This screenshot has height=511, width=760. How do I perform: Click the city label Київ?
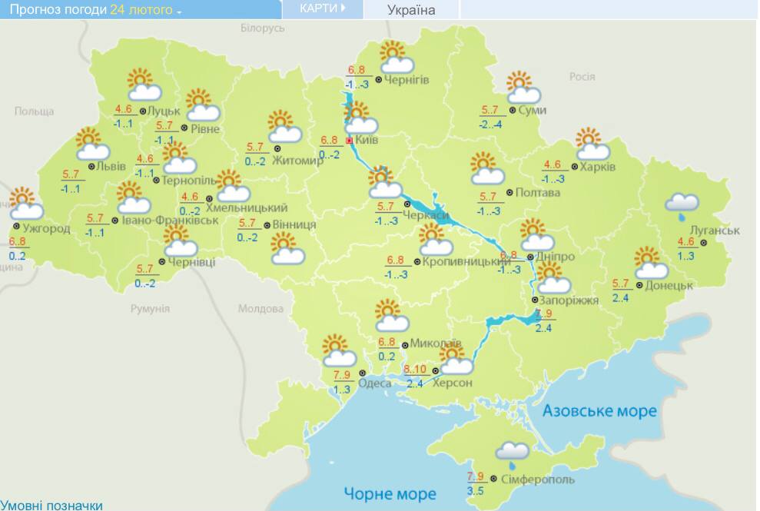(367, 141)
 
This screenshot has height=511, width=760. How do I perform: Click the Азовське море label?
(599, 411)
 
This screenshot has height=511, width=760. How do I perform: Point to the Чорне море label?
(390, 493)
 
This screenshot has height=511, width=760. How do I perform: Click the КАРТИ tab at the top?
(320, 8)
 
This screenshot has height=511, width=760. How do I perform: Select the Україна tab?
(411, 10)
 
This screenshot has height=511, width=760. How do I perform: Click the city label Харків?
(597, 167)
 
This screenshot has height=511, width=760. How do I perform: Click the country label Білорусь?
(262, 28)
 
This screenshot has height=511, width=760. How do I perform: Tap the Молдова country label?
(261, 309)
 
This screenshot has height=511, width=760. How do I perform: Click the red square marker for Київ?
(349, 141)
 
